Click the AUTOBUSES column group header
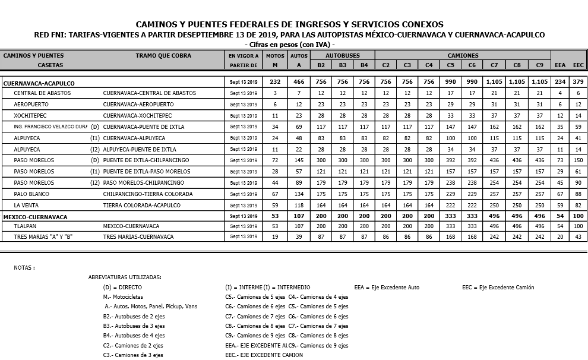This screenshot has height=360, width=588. (343, 55)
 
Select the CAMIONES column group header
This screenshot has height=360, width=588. (463, 55)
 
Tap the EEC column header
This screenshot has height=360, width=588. (578, 65)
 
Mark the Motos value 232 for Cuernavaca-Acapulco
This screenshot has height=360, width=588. (275, 82)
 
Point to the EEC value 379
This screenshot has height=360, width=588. (578, 82)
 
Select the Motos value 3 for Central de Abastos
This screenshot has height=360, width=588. (275, 93)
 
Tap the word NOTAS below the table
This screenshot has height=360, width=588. (24, 268)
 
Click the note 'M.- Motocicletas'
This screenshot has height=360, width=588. (123, 297)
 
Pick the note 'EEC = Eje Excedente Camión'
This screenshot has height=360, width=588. (498, 288)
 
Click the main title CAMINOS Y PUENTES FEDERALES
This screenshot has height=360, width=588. (290, 24)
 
